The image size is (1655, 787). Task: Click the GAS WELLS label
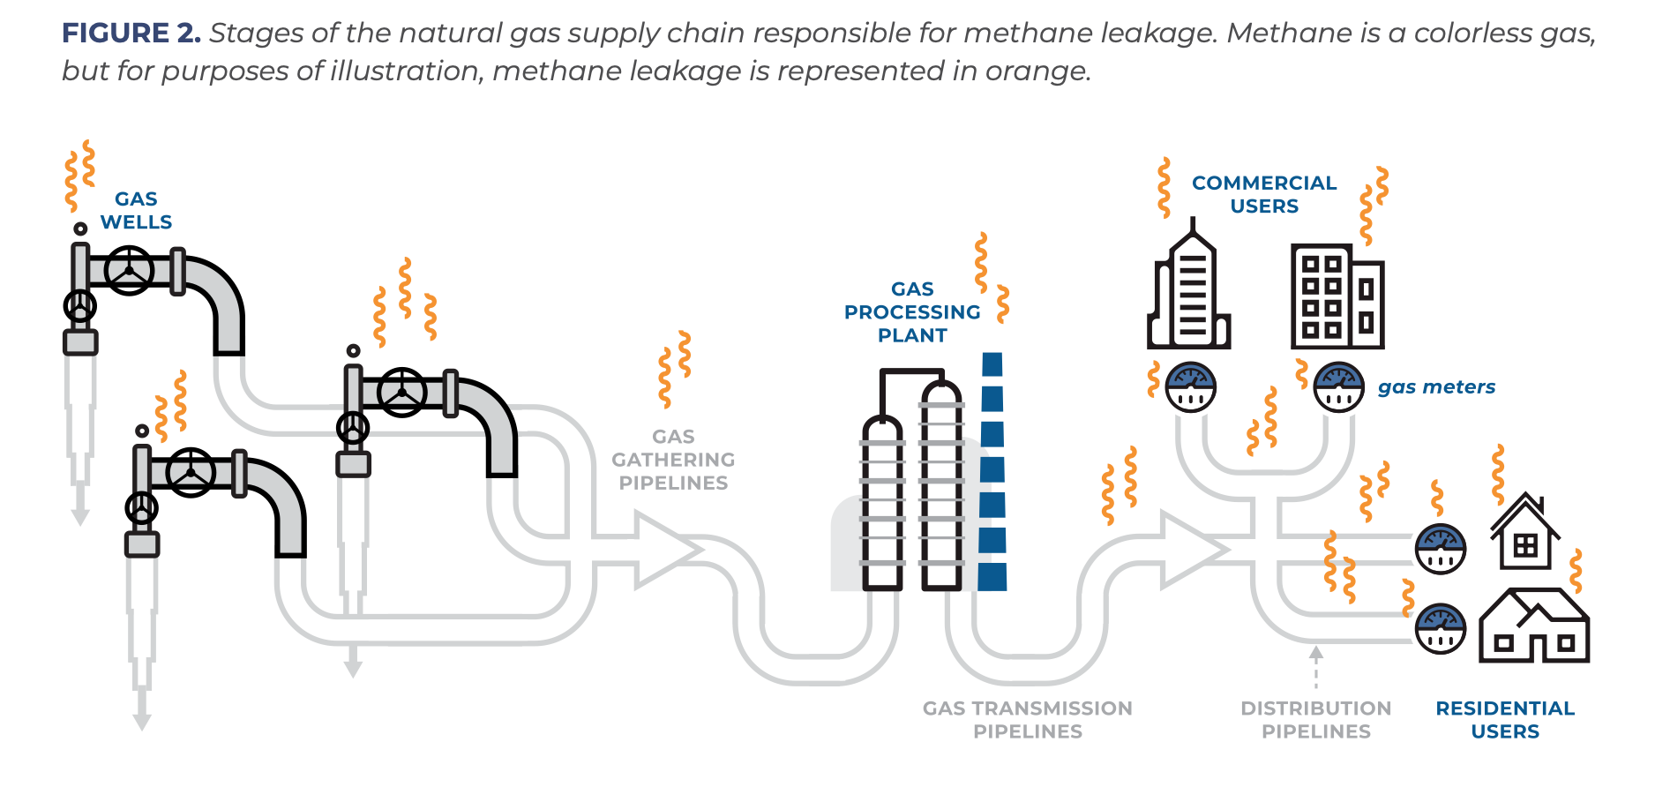pos(136,211)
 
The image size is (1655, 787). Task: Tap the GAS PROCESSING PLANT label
pos(912,312)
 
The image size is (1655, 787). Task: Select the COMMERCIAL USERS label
pos(1264,194)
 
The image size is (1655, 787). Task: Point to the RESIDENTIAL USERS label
pos(1505,720)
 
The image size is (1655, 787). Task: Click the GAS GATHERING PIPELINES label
pos(673,460)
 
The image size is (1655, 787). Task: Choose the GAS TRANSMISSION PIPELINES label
pos(1027,720)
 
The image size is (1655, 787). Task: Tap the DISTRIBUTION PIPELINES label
pos(1315,720)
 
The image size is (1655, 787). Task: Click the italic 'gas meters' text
pos(1436,386)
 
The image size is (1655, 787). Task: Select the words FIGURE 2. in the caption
pos(131,33)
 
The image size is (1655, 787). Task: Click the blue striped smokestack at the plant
pos(992,472)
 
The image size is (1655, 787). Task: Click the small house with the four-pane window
pos(1524,534)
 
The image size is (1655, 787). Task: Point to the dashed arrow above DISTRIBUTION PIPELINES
pos(1315,667)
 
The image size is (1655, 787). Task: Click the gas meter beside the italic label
pos(1338,386)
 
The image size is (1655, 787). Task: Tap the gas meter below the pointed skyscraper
pos(1191,386)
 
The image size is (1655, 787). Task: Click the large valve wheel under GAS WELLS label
pos(130,270)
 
